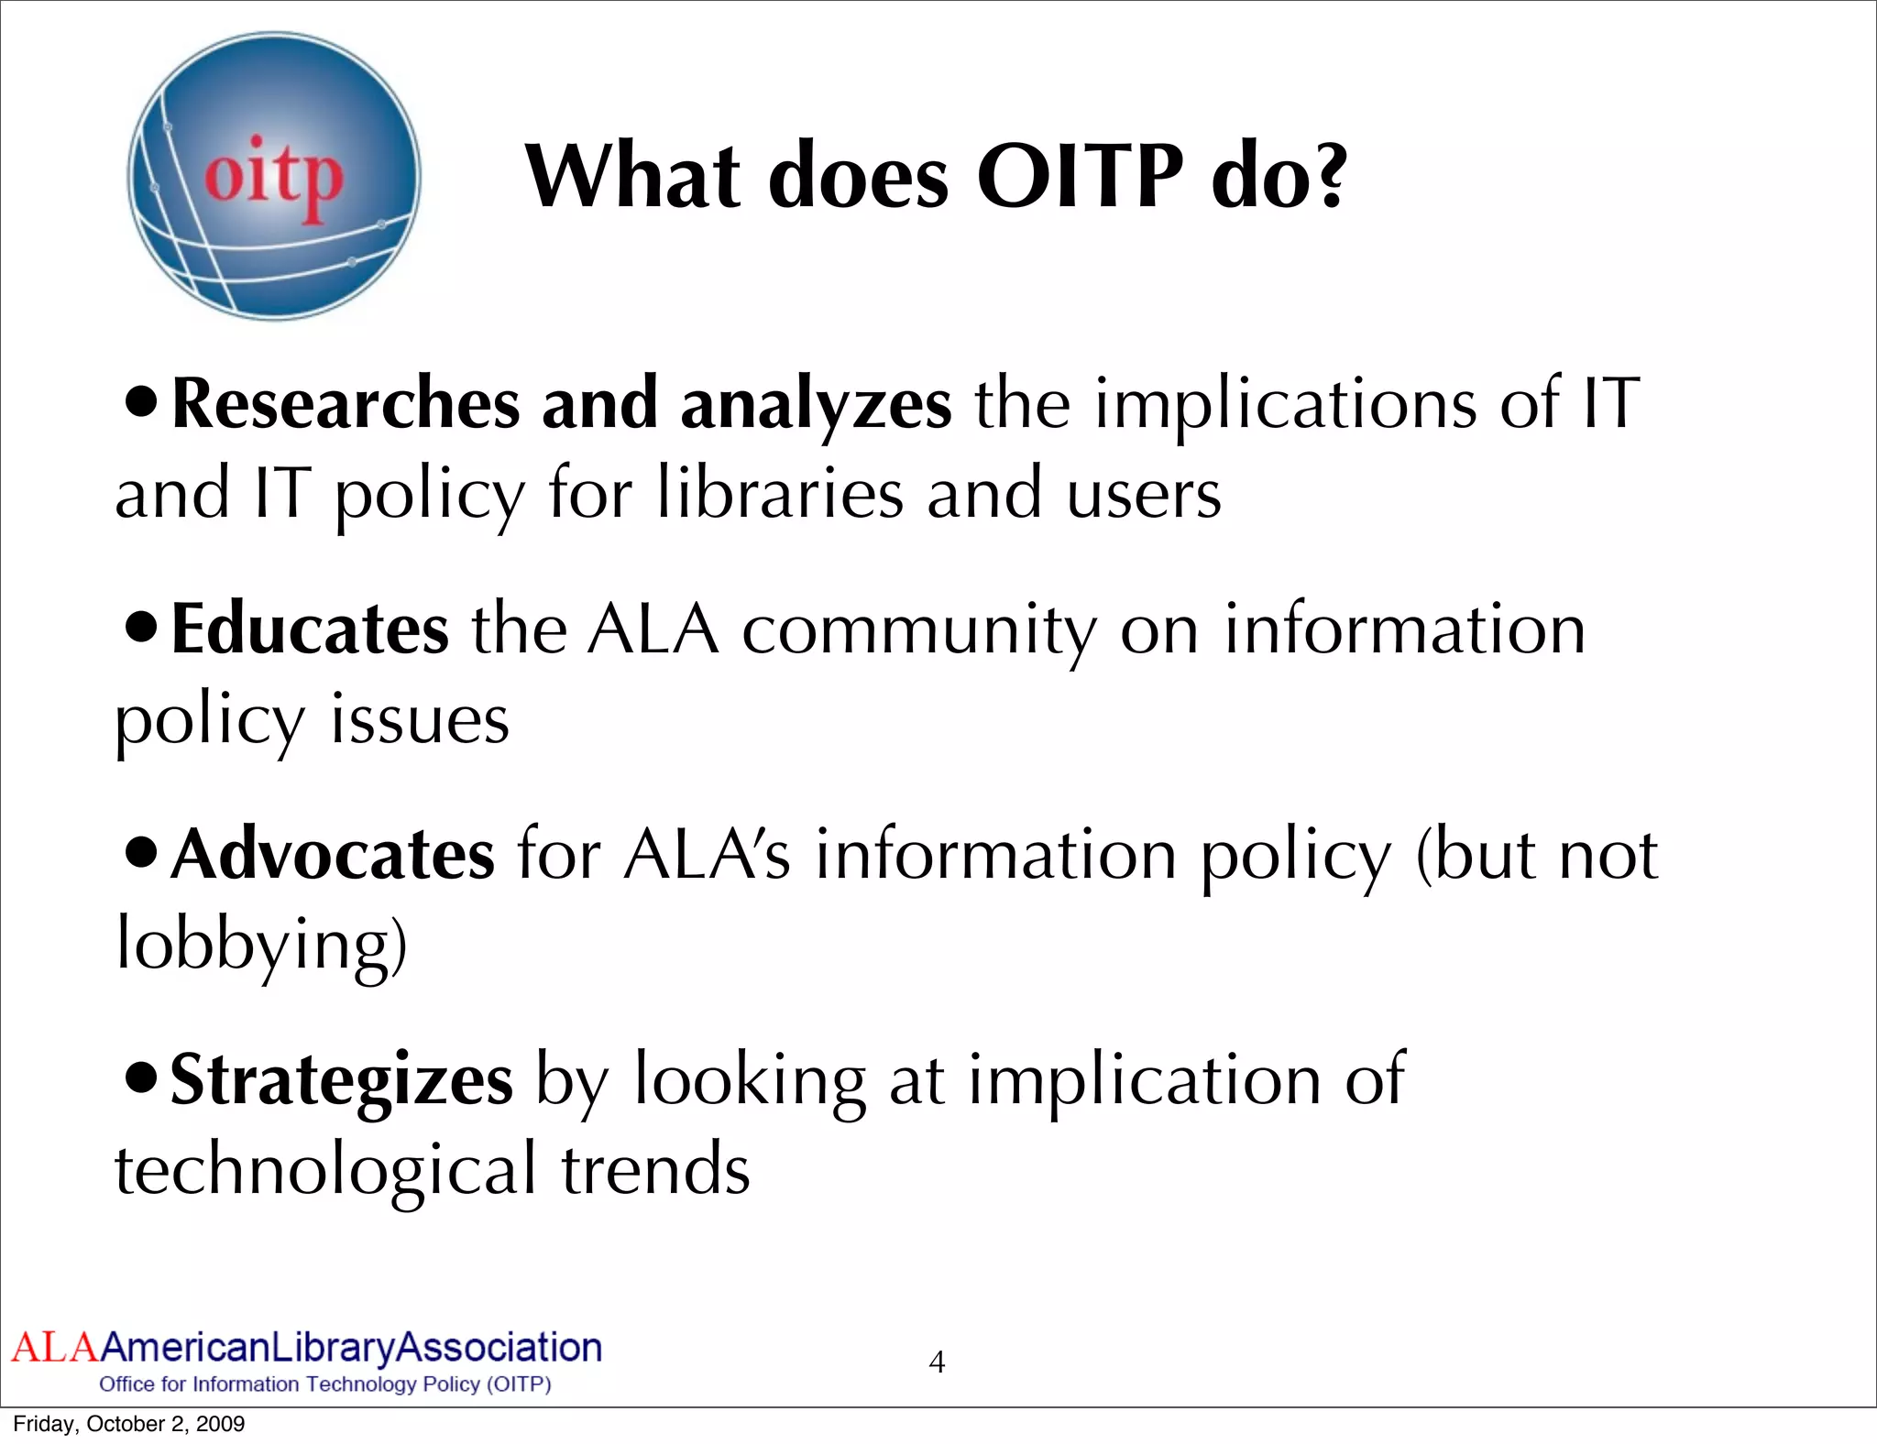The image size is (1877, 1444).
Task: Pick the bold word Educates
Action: click(310, 629)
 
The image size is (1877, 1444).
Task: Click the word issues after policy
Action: click(419, 720)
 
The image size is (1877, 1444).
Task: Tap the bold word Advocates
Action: click(333, 855)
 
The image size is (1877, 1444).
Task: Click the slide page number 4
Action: click(937, 1362)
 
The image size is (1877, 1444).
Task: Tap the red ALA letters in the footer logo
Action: click(53, 1348)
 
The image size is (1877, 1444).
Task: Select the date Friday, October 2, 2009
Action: click(129, 1424)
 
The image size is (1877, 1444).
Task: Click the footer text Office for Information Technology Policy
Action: click(324, 1384)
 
